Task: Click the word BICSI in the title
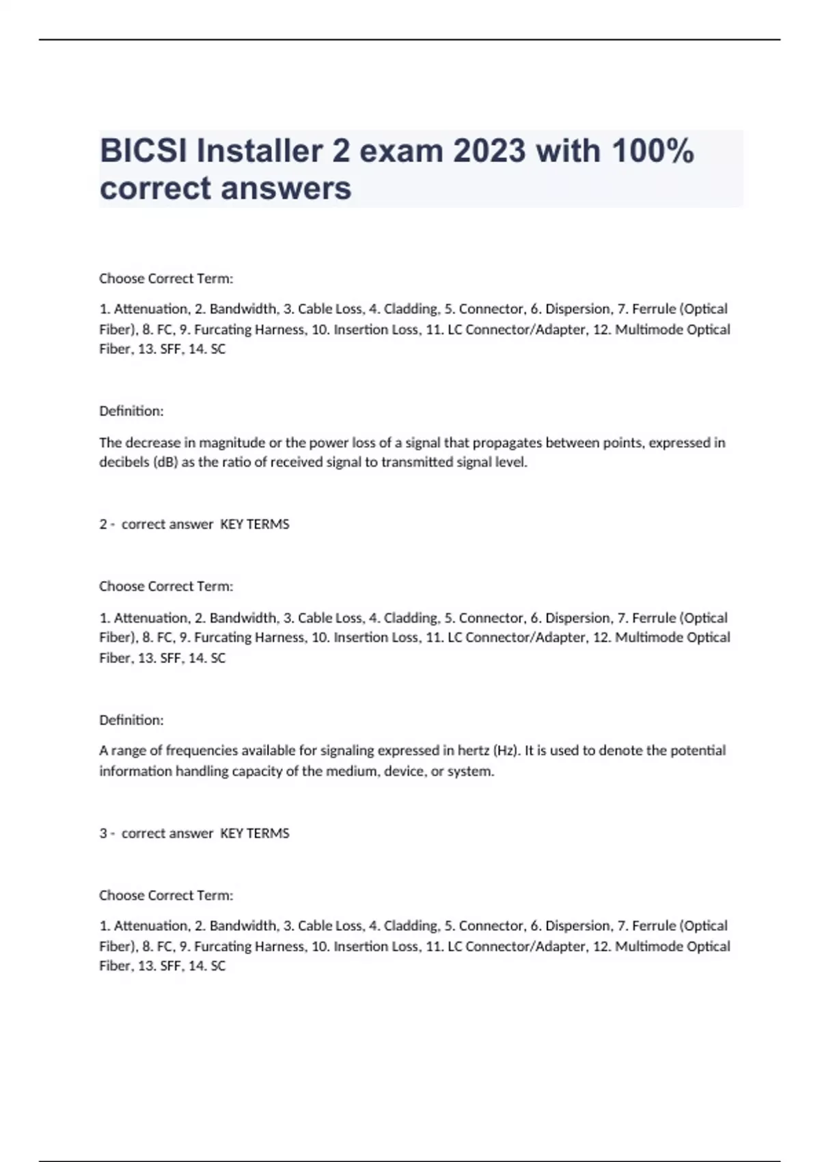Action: (143, 151)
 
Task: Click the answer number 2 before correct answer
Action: (103, 524)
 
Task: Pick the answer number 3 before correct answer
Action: (103, 833)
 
